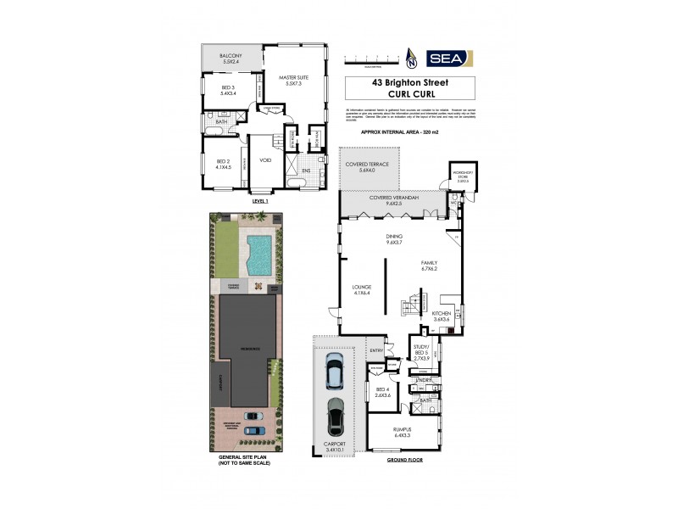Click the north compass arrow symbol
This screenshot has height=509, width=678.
click(412, 59)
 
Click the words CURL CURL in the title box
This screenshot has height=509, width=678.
click(410, 94)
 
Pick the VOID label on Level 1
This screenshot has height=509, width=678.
click(265, 160)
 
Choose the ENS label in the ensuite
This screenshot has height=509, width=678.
click(306, 170)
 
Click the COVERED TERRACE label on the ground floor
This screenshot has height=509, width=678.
click(366, 167)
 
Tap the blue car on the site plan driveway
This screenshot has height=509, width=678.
click(253, 430)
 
